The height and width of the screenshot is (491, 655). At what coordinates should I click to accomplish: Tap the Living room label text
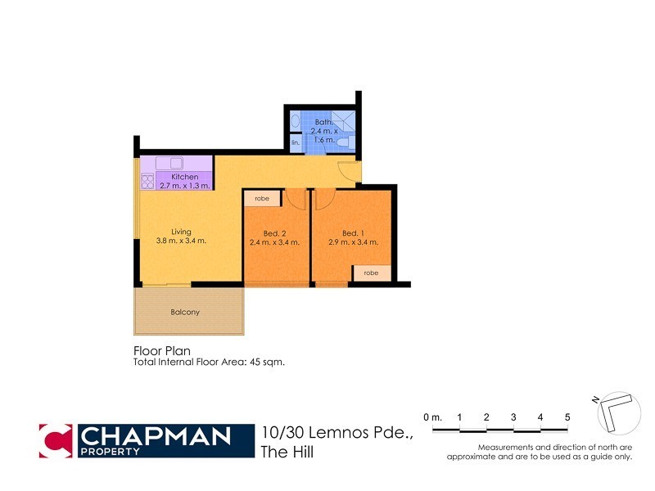pos(180,232)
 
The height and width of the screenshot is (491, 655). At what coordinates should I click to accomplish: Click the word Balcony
pos(185,312)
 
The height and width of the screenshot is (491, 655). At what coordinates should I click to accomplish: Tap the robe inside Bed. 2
pos(262,198)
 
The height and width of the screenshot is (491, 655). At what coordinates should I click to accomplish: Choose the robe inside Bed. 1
pos(371,273)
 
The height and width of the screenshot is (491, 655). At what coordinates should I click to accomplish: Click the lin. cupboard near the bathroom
pos(296,143)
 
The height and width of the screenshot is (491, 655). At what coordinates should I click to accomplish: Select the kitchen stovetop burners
pos(148,181)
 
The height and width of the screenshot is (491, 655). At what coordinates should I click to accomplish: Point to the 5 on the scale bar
pos(567,417)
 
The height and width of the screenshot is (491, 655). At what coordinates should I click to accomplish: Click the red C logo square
pos(56,440)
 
